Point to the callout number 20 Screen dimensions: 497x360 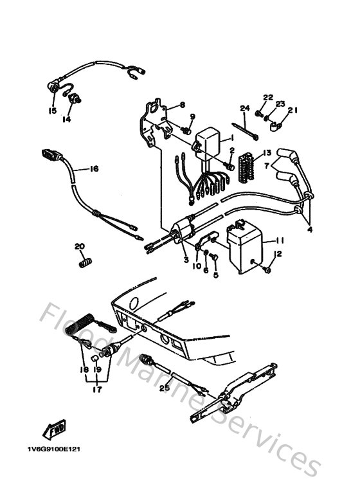click(79, 246)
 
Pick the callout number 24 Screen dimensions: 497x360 click(244, 107)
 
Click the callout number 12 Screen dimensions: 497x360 click(279, 254)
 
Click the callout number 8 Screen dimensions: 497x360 click(183, 105)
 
